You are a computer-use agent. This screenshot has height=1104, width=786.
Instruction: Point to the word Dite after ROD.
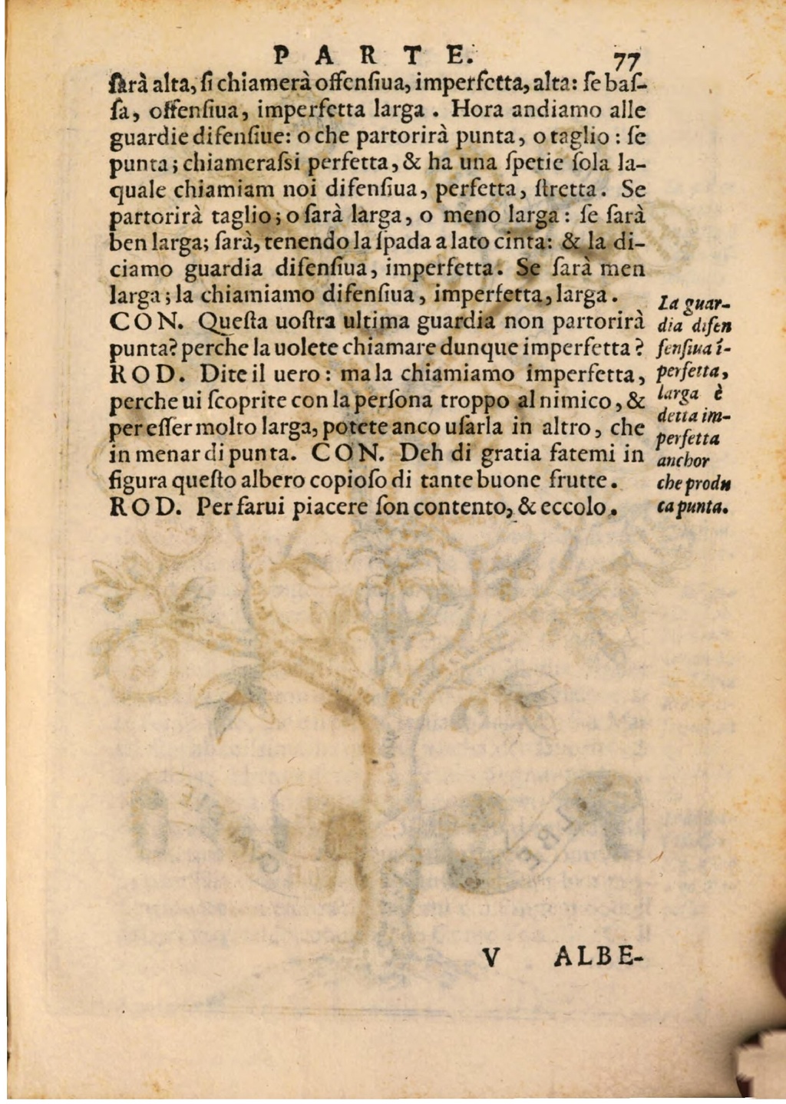pos(227,375)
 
